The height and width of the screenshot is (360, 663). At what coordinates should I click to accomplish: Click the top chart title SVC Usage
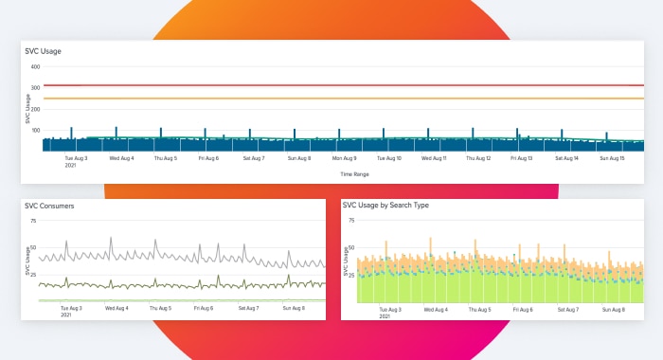point(44,51)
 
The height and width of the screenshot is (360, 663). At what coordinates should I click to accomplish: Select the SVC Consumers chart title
point(49,206)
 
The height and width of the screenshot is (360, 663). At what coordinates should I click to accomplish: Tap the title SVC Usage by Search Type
point(388,206)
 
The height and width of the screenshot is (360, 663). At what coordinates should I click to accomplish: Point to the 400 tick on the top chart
point(35,67)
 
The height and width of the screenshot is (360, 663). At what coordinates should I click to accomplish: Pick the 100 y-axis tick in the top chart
point(35,130)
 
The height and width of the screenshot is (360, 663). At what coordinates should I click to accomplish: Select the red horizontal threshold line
point(341,86)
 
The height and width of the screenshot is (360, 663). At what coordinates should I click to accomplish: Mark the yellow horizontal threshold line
point(341,99)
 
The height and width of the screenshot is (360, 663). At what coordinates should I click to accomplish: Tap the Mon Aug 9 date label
point(344,159)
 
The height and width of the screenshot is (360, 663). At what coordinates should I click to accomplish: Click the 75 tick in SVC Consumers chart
point(34,222)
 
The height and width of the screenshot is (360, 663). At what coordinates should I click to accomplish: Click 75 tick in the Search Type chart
point(351,222)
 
